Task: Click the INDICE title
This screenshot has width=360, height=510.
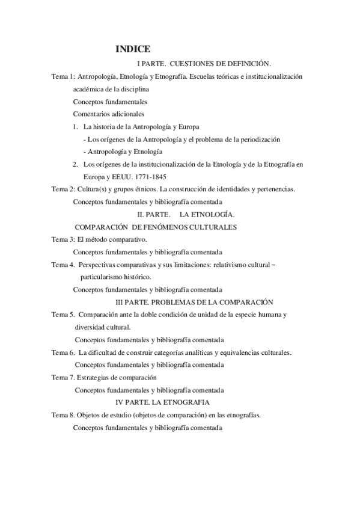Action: tap(133, 49)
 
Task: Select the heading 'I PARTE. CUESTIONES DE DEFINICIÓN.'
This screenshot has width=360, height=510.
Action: tap(204, 63)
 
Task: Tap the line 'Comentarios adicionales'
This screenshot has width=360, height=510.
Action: tap(108, 114)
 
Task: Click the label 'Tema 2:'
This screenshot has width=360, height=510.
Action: tap(63, 189)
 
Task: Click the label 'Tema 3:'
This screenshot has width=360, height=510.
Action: tap(63, 239)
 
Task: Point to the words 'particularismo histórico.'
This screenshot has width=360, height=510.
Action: tap(116, 277)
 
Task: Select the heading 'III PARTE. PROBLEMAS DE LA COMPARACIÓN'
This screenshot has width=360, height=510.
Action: tap(194, 301)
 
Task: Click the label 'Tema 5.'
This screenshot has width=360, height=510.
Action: tap(63, 315)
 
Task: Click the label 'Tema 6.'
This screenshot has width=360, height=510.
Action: tap(63, 352)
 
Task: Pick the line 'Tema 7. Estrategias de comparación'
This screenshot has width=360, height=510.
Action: tap(104, 377)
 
